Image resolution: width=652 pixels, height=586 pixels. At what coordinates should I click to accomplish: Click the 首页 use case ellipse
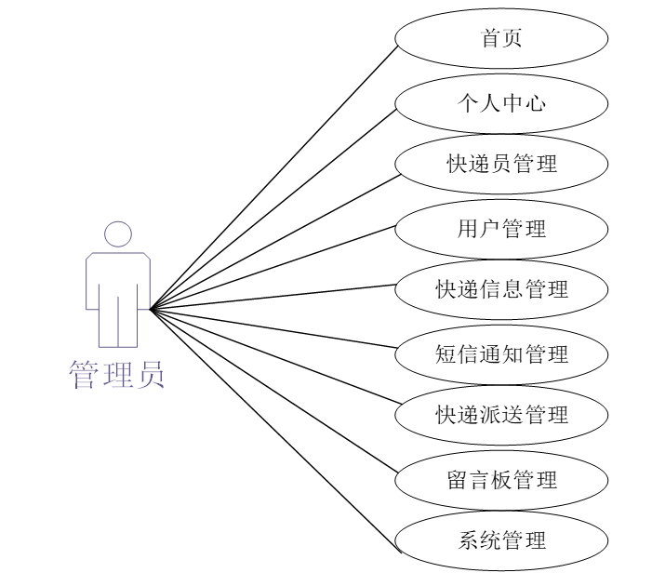click(x=502, y=38)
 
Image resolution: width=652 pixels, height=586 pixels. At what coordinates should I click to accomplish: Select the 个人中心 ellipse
click(x=502, y=101)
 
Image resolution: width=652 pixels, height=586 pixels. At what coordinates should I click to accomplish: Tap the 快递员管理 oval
click(x=502, y=165)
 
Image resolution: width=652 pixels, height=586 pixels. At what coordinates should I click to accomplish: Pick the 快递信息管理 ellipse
click(x=502, y=289)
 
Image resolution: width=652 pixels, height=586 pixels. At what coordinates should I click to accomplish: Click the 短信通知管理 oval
click(x=502, y=353)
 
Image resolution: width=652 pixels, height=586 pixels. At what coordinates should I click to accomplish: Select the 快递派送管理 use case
click(x=502, y=415)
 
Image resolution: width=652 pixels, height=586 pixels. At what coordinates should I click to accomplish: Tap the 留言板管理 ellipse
click(x=502, y=480)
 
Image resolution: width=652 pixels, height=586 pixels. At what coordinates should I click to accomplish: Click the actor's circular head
click(x=117, y=234)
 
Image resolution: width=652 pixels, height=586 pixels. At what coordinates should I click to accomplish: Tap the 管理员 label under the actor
click(x=117, y=374)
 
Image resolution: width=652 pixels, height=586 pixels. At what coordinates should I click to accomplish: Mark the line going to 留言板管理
click(x=275, y=393)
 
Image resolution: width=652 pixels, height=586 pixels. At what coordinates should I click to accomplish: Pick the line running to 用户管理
click(x=275, y=267)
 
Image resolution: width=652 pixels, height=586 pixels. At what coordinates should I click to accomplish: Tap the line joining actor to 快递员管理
click(x=275, y=236)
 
